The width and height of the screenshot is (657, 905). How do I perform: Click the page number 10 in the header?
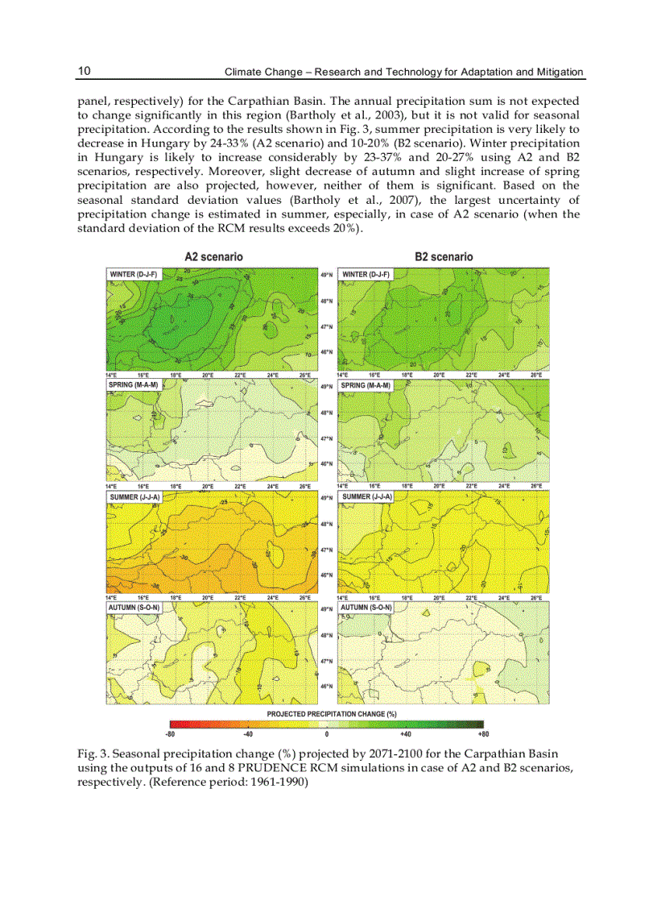(84, 71)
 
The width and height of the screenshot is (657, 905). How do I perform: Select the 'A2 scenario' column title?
(213, 256)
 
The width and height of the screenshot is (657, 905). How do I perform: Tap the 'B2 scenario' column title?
(444, 256)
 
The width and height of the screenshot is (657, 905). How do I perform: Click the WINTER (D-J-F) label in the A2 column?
(134, 275)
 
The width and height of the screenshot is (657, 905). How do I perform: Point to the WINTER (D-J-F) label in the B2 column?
(366, 275)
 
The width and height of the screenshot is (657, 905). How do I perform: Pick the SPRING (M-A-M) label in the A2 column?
(133, 385)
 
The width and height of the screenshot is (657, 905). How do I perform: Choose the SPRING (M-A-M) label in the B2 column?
(366, 385)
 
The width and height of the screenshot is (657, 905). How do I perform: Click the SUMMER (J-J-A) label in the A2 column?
(134, 497)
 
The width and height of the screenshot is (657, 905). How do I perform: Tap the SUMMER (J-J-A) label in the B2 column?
(366, 497)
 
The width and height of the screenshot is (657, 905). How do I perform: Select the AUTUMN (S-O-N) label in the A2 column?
(134, 607)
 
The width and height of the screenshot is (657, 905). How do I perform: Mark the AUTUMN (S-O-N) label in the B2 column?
(366, 607)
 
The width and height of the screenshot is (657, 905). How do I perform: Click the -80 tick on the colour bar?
(171, 734)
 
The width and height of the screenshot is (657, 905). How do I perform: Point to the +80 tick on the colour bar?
(482, 734)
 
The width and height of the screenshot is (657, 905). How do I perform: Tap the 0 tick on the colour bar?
(327, 734)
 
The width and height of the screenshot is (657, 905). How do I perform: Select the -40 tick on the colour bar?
(248, 734)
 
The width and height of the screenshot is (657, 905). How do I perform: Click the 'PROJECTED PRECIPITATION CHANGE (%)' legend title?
(332, 714)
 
